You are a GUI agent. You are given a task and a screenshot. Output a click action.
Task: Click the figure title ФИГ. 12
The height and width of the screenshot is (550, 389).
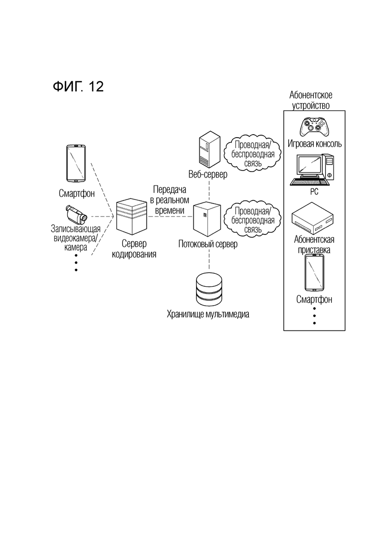click(78, 86)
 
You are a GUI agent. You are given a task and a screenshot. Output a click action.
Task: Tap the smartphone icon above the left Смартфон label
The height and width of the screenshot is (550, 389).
click(76, 164)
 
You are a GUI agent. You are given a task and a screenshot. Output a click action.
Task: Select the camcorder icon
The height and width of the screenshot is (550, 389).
click(76, 214)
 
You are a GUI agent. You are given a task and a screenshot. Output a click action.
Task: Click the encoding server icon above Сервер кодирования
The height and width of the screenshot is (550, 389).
click(132, 216)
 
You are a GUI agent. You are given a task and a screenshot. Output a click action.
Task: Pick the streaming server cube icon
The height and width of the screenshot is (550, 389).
click(207, 218)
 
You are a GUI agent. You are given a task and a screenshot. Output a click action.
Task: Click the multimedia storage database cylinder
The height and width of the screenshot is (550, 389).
click(209, 289)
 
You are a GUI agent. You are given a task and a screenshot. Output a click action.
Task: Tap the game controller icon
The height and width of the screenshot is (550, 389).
click(314, 127)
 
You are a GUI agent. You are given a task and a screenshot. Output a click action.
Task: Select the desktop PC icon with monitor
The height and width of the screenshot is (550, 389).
click(312, 170)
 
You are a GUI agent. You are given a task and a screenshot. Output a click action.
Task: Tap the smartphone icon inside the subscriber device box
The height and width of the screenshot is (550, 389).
click(314, 273)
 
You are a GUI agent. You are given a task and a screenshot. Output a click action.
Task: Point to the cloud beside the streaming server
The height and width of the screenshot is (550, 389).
click(252, 220)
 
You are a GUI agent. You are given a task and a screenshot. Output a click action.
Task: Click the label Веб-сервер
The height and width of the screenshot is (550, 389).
click(208, 175)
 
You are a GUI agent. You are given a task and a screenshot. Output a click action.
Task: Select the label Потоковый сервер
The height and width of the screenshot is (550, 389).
click(208, 244)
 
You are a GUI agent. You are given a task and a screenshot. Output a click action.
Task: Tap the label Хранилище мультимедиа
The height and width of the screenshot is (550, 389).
click(208, 314)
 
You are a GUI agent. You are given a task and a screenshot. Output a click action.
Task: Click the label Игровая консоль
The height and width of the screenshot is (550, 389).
click(315, 144)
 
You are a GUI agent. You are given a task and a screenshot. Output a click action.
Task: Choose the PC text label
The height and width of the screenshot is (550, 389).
click(314, 191)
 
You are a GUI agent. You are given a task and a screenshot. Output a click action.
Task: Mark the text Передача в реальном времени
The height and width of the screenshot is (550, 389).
click(170, 200)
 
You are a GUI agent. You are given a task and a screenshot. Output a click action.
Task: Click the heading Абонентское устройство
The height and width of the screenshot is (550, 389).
click(311, 100)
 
